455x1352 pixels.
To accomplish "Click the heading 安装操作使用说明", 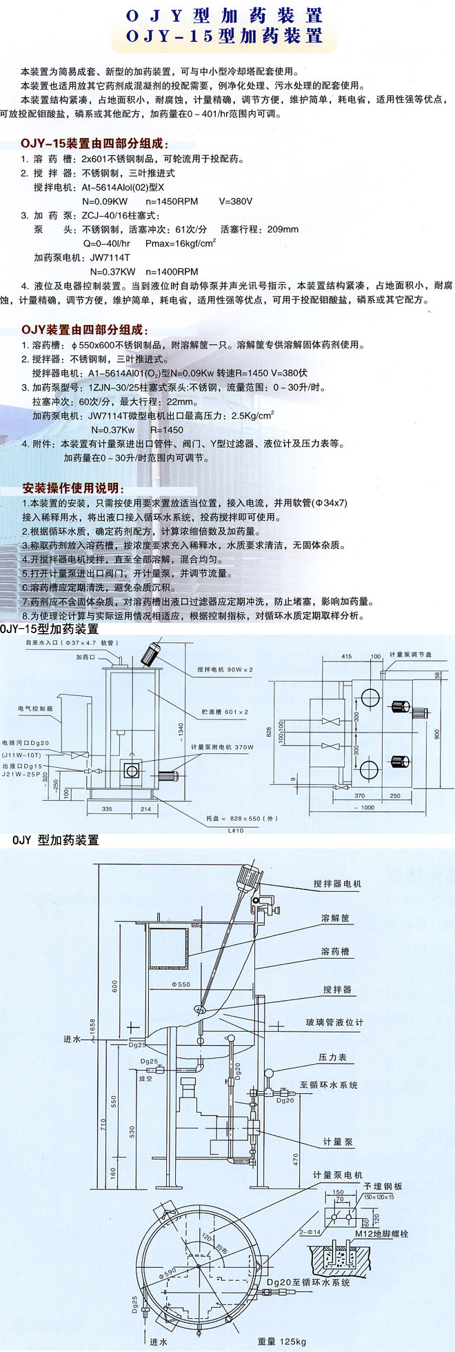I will click(74, 488).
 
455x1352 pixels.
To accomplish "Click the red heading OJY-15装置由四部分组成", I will click(94, 144).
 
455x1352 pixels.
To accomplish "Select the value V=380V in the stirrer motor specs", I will click(236, 201).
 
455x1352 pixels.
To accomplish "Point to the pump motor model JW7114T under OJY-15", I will click(110, 257).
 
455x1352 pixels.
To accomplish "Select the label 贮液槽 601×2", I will click(226, 712).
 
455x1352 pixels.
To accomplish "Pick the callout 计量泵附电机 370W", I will click(222, 747).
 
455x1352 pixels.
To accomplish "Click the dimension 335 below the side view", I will click(107, 808).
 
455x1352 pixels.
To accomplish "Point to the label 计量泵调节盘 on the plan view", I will click(412, 654).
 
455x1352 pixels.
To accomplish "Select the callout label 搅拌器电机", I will click(337, 884).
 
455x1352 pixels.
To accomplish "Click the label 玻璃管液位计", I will click(334, 1022).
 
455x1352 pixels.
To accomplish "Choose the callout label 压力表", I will click(332, 1057).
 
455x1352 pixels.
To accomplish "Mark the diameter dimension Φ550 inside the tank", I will click(181, 984).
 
